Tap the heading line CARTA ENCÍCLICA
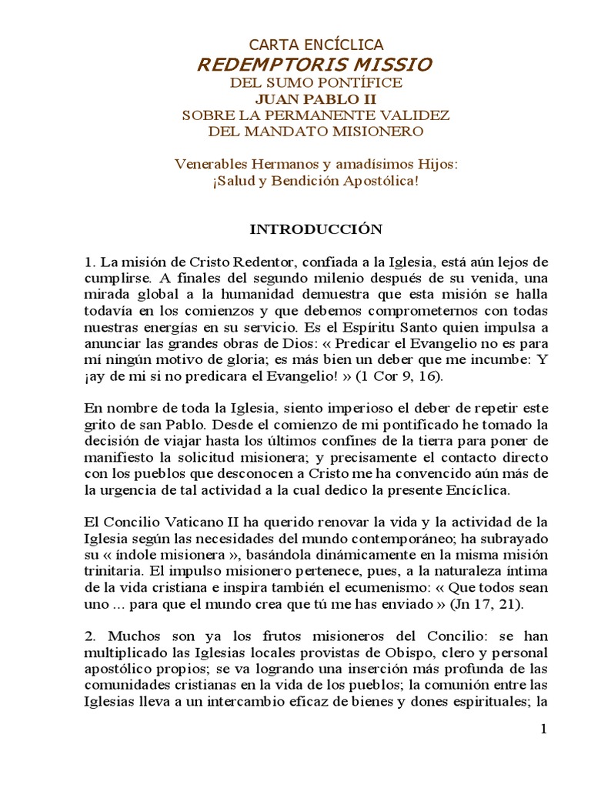316,45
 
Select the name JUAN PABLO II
316,98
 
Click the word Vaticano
192,519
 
